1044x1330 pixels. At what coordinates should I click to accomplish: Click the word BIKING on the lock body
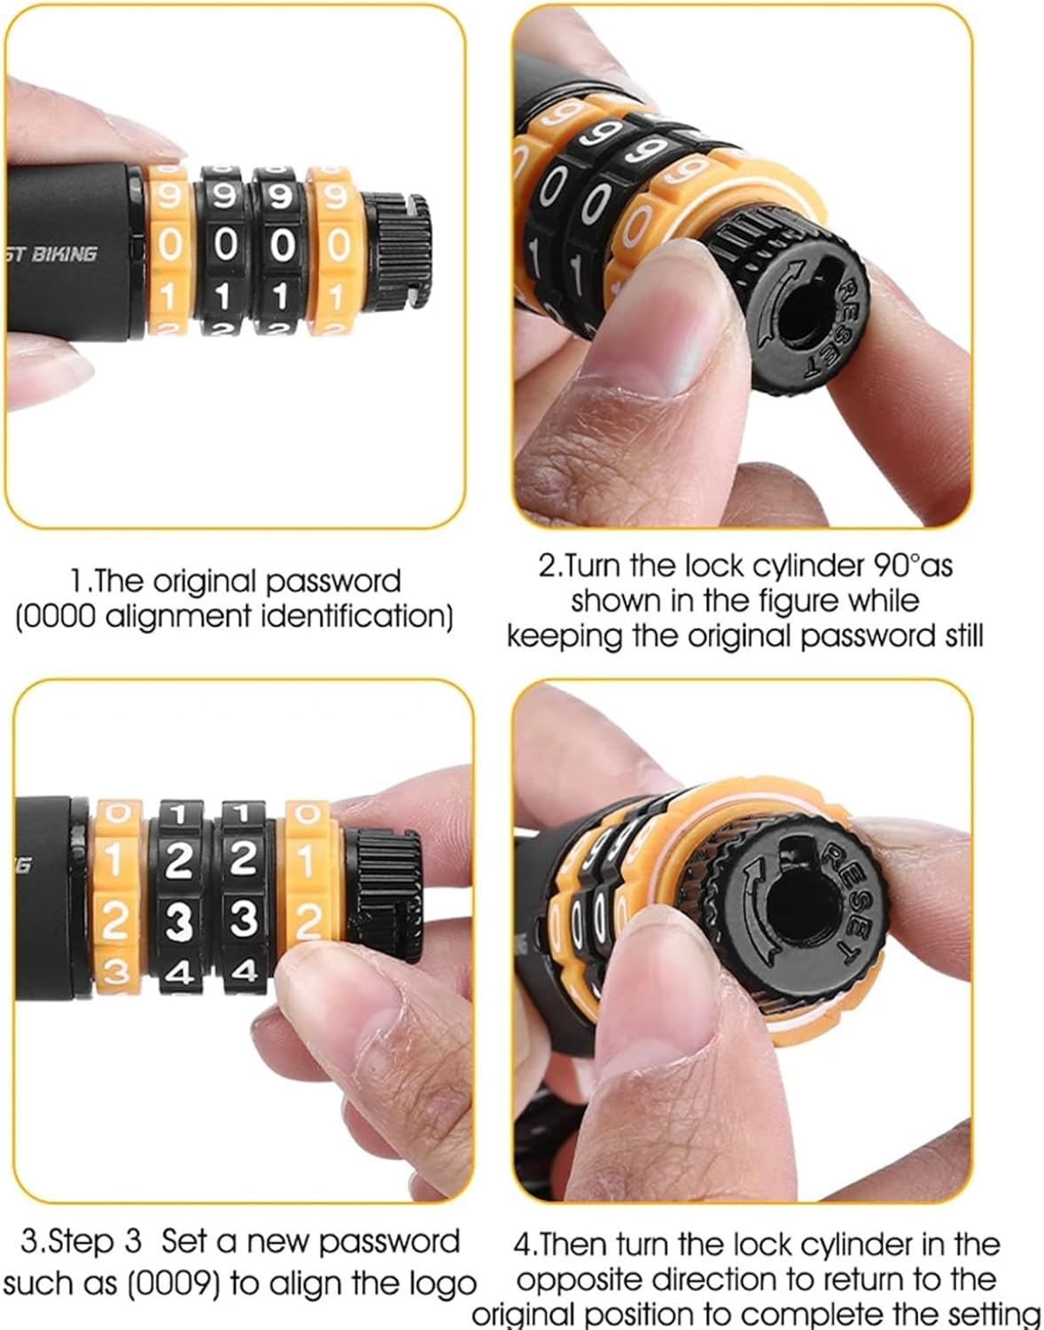[64, 254]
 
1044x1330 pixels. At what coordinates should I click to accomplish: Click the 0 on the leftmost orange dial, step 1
[168, 245]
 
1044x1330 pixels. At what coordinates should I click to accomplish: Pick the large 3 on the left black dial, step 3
[179, 922]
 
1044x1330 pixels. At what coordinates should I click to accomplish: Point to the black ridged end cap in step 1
[397, 253]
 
